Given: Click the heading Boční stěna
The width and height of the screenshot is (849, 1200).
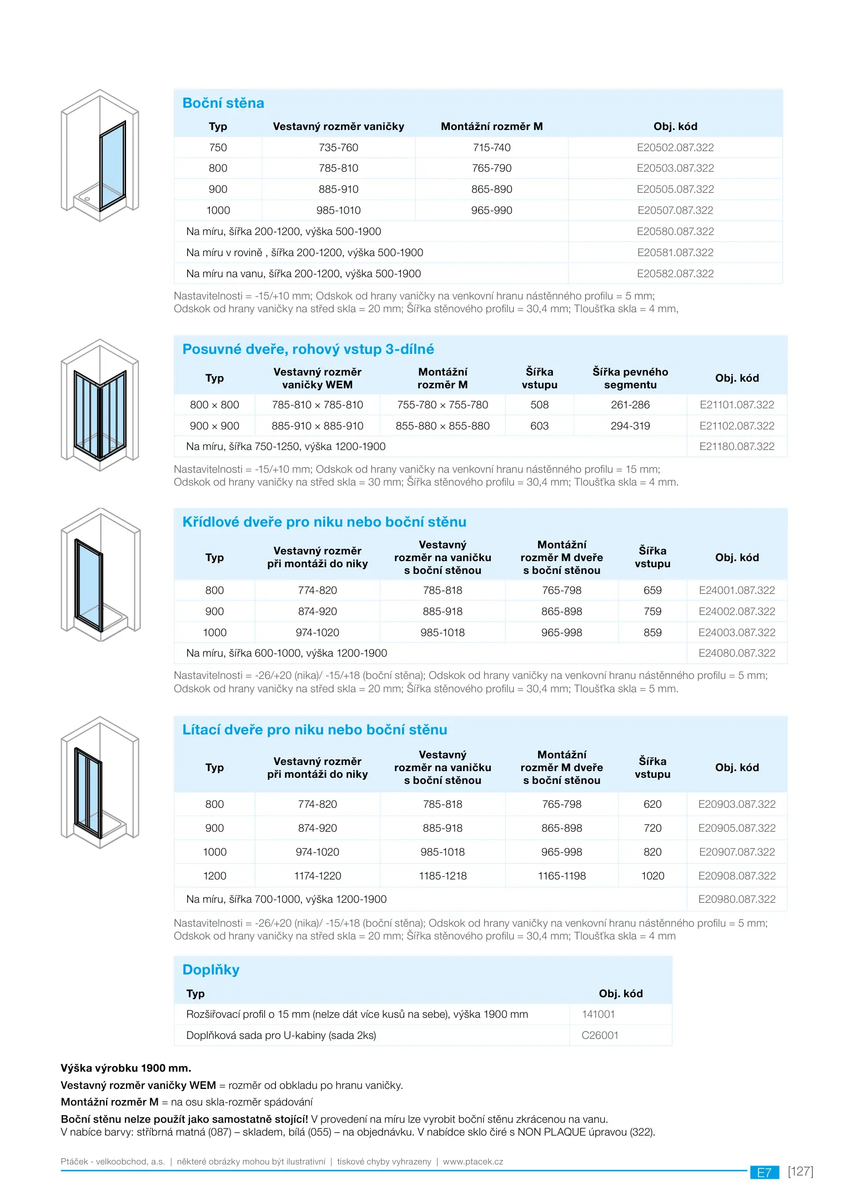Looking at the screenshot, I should pyautogui.click(x=223, y=103).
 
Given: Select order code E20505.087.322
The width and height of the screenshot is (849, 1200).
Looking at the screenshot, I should pyautogui.click(x=675, y=189).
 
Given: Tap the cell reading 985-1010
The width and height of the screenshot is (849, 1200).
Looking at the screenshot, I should pyautogui.click(x=338, y=211).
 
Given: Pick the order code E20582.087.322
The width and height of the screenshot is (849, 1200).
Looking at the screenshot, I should pyautogui.click(x=675, y=274).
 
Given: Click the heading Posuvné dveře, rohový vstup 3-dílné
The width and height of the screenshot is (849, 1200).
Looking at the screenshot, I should pyautogui.click(x=308, y=349).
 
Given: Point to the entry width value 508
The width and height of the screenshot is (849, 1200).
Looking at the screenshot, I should pyautogui.click(x=539, y=405).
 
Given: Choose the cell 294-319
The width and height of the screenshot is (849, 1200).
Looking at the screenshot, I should pyautogui.click(x=630, y=426).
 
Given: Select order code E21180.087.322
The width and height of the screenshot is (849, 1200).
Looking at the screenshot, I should pyautogui.click(x=737, y=447).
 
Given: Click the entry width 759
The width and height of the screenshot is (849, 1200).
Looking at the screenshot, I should pyautogui.click(x=652, y=612).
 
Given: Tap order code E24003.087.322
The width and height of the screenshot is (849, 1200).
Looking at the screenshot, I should pyautogui.click(x=737, y=633).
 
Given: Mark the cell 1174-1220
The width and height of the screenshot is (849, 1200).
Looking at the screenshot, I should pyautogui.click(x=318, y=876).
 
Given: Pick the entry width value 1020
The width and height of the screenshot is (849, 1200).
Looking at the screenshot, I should pyautogui.click(x=652, y=876).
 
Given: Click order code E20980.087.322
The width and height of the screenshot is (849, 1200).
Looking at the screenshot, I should pyautogui.click(x=737, y=899).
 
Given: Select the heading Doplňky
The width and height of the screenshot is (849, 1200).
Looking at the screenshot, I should pyautogui.click(x=211, y=970).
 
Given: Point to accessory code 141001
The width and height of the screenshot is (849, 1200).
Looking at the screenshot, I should pyautogui.click(x=599, y=1014).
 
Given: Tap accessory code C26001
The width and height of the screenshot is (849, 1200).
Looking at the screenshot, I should pyautogui.click(x=600, y=1036).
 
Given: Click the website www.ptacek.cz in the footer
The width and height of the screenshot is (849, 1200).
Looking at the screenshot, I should pyautogui.click(x=473, y=1162).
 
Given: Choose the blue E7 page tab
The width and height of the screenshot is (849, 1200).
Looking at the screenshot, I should pyautogui.click(x=765, y=1172).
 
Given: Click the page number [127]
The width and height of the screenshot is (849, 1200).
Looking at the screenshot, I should pyautogui.click(x=800, y=1172).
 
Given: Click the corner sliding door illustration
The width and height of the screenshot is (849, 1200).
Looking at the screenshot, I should pyautogui.click(x=100, y=406).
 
